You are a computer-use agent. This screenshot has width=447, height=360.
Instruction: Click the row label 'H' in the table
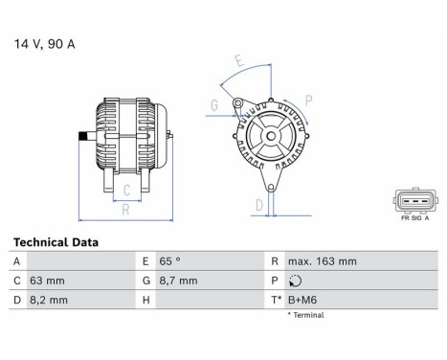coord(145,301)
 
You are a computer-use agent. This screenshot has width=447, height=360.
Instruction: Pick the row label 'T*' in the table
coord(275,301)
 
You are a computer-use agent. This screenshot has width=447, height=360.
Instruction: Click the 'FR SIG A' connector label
coord(415,218)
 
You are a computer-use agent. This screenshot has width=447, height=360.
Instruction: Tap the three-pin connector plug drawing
coord(414,201)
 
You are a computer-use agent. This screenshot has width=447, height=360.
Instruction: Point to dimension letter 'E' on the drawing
coord(238,63)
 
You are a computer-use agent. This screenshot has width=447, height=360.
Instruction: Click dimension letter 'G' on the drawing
coord(214,103)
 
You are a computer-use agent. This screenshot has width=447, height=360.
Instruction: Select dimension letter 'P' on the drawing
coord(308,99)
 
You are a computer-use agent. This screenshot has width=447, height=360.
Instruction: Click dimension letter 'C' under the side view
coord(126,188)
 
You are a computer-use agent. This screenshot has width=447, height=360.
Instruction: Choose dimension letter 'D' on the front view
coord(258,203)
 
